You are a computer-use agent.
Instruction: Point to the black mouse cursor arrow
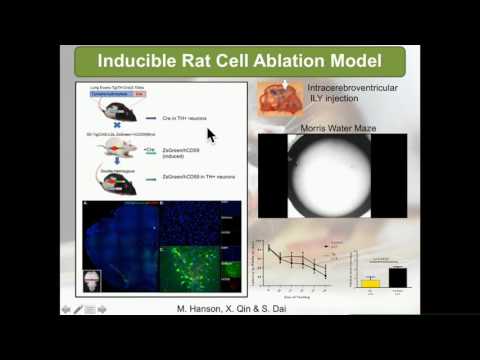(210, 134)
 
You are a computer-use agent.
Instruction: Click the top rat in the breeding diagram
(112, 117)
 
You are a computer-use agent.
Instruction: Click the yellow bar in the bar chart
(371, 283)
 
